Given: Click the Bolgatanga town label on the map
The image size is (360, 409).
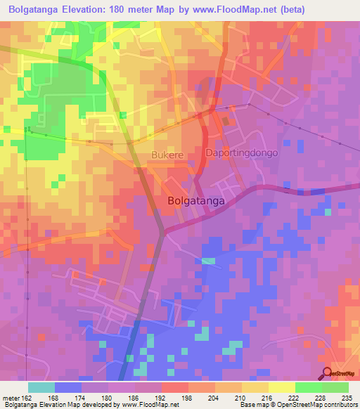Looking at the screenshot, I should point(197,200).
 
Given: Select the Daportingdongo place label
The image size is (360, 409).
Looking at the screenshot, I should point(242,152).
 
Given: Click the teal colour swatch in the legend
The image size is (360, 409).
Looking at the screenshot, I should point(41,387).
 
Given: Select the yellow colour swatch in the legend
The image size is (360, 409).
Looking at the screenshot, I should point(281,387).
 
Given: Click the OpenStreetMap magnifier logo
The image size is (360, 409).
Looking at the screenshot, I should point(327,373).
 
